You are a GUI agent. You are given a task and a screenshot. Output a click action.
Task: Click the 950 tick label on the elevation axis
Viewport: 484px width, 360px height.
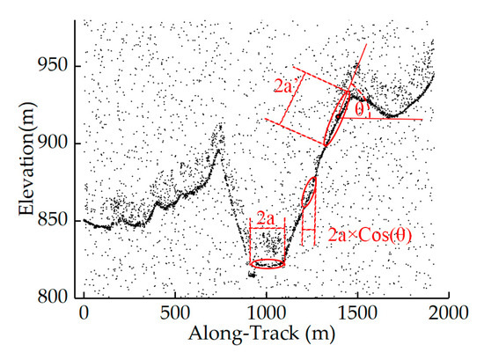(52, 65)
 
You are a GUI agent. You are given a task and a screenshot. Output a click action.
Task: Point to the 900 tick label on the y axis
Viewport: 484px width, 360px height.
(52, 143)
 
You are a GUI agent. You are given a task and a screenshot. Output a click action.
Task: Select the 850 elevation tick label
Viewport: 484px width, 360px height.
(52, 219)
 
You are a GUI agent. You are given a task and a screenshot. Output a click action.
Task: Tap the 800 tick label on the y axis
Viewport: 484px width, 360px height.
(52, 297)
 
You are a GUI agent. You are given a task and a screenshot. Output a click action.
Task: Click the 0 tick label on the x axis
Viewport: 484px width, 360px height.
(84, 313)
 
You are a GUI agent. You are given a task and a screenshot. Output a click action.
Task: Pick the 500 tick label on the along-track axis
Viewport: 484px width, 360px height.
(175, 313)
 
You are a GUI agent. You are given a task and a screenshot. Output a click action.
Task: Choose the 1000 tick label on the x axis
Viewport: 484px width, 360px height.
(266, 313)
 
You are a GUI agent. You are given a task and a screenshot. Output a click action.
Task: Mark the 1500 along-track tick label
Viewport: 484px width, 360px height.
(357, 313)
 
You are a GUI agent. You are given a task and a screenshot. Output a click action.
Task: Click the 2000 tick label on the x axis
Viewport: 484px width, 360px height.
(448, 313)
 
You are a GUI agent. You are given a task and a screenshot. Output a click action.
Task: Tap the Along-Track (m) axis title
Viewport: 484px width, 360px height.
(262, 334)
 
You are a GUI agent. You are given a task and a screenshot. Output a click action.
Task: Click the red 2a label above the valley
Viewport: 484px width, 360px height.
(265, 218)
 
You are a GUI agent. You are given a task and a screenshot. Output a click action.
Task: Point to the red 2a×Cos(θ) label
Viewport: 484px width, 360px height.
(370, 236)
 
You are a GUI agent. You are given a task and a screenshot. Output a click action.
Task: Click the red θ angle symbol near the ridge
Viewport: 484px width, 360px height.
(360, 110)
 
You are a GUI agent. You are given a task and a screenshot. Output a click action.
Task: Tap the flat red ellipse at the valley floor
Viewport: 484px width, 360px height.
(268, 264)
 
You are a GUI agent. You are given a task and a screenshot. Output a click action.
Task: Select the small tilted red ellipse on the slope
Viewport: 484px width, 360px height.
(309, 192)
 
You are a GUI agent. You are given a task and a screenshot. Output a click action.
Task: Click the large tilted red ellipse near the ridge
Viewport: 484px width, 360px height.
(337, 118)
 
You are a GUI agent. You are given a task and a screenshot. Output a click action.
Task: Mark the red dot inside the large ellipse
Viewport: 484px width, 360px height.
(338, 117)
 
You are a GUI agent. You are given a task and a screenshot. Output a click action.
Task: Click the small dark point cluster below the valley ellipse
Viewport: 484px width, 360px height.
(252, 275)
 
